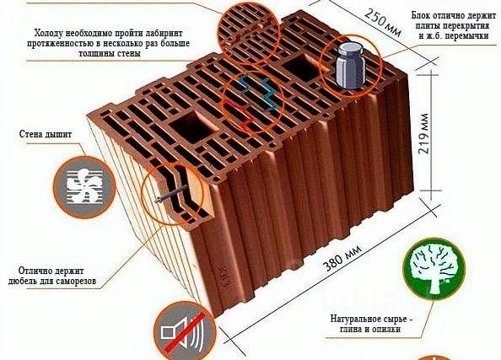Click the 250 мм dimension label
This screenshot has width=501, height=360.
382,22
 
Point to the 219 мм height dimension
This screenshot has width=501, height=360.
423,133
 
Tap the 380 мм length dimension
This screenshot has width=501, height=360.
342,258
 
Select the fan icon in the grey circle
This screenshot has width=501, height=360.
84,187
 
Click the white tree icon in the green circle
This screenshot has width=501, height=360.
434,268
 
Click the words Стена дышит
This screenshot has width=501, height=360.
46,133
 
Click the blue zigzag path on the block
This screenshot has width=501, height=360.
257,91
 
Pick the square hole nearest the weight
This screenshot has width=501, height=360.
302,67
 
